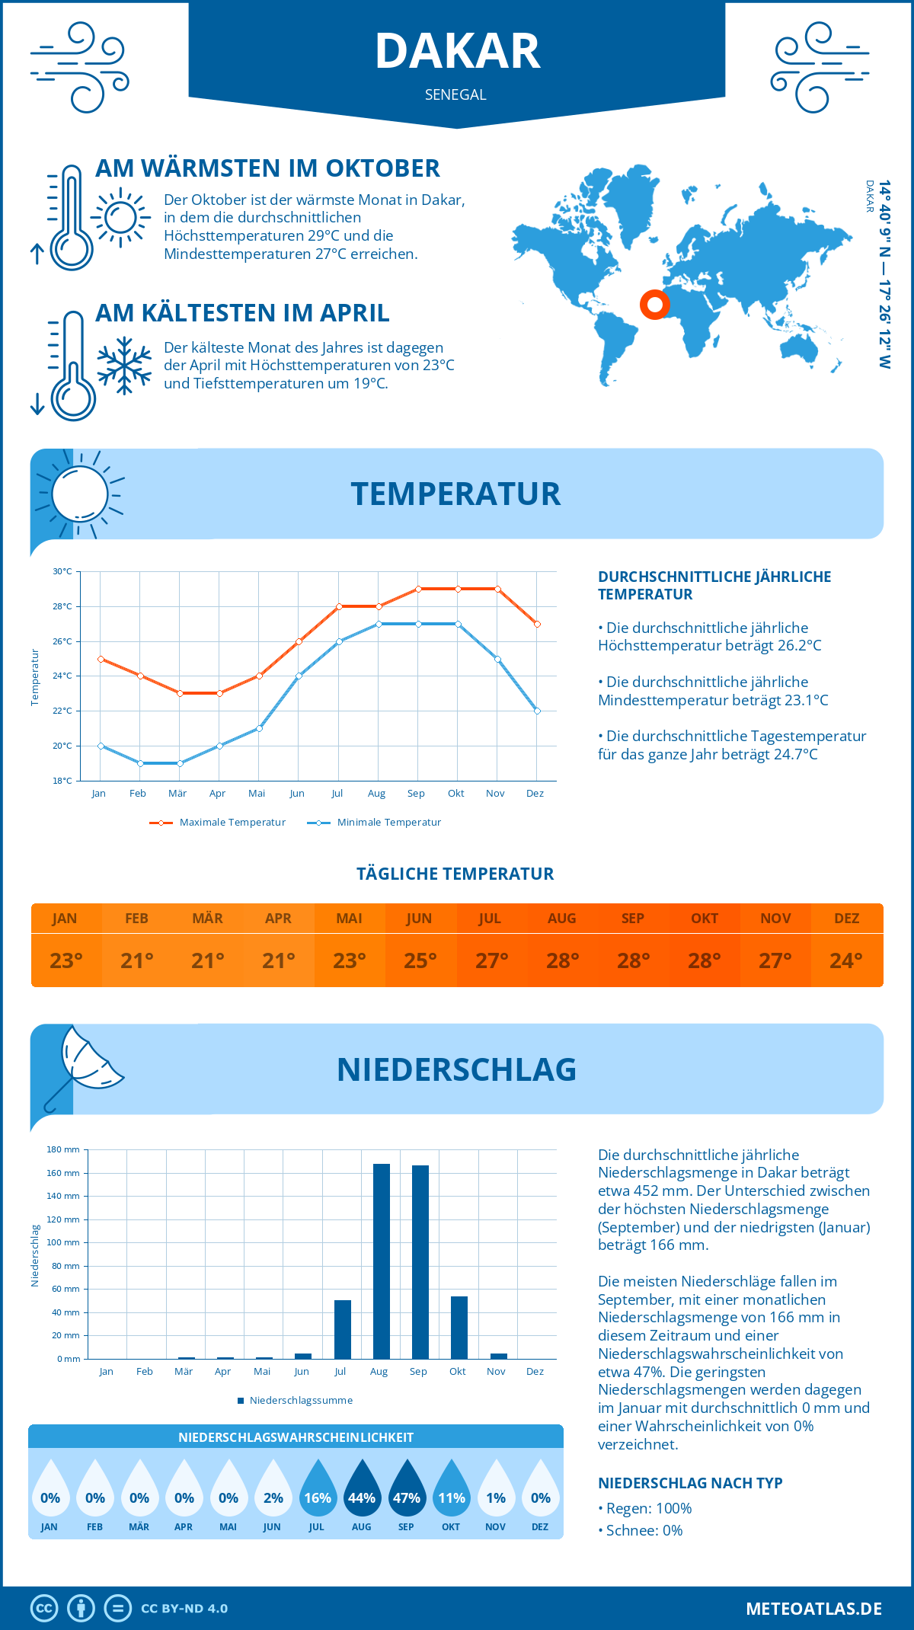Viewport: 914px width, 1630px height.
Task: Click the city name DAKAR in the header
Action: click(457, 52)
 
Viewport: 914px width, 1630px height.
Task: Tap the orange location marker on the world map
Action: click(654, 305)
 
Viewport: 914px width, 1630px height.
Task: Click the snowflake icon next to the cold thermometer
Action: click(124, 365)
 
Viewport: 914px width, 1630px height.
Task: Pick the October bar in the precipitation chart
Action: click(459, 1327)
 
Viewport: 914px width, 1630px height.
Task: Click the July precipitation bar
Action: click(343, 1329)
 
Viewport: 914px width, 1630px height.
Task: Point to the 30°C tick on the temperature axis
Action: click(62, 571)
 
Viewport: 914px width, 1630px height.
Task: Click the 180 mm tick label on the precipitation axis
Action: click(64, 1149)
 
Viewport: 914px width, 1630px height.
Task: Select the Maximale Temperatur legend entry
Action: click(219, 823)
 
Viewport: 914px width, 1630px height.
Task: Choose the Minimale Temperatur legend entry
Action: click(375, 823)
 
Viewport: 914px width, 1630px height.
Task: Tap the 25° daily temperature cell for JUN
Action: click(420, 960)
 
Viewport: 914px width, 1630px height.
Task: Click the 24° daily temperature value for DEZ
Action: click(846, 960)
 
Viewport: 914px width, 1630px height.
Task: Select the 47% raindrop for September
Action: click(407, 1490)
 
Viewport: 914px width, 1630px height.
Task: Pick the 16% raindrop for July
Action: click(318, 1490)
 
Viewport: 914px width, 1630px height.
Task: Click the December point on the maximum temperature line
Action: click(537, 624)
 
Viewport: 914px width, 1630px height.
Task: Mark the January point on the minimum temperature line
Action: click(101, 746)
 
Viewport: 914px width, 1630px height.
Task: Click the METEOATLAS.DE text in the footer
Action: click(813, 1609)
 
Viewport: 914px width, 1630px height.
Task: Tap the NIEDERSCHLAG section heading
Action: click(456, 1069)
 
